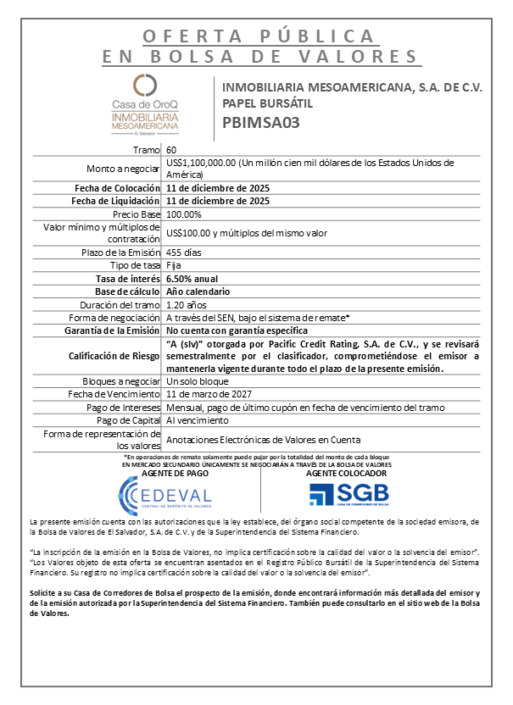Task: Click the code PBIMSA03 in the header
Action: [x=261, y=121]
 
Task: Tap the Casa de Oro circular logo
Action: [x=145, y=86]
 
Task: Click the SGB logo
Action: [x=348, y=494]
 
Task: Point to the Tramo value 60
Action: [x=172, y=150]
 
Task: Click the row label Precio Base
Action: [x=138, y=214]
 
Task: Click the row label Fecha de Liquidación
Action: [x=117, y=202]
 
